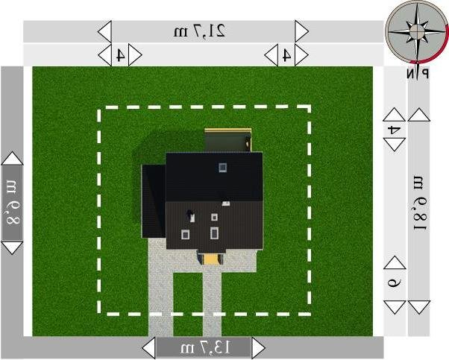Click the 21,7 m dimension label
click(x=201, y=31)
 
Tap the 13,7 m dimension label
click(x=204, y=347)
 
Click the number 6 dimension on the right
click(x=395, y=282)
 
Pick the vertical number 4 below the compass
click(x=395, y=129)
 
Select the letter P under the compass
click(x=424, y=73)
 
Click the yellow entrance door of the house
click(x=210, y=257)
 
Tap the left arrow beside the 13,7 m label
click(x=148, y=347)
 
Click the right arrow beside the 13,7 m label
click(x=258, y=347)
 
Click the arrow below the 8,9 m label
click(x=13, y=246)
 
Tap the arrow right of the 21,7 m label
click(x=301, y=31)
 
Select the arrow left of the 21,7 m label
click(x=104, y=31)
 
